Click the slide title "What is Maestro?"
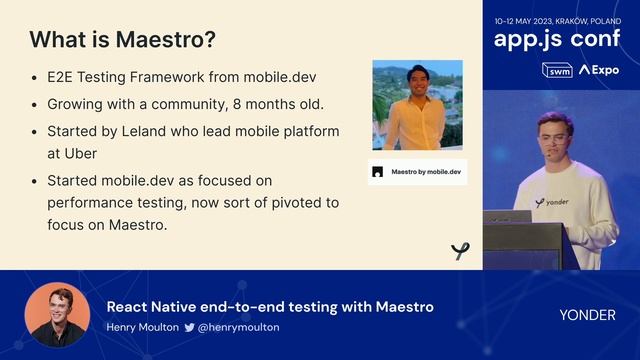point(122,41)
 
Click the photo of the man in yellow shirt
point(417,106)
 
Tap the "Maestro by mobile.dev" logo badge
point(417,172)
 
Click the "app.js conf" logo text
point(556,40)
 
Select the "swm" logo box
point(556,70)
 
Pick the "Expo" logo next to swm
point(599,70)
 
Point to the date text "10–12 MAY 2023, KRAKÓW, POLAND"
point(556,20)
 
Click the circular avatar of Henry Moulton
point(57,314)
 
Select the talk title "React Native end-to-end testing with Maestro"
point(270,306)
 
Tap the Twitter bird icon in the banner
point(189,327)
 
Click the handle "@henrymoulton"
point(239,327)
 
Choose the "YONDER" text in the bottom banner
point(587,314)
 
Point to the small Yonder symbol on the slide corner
point(460,251)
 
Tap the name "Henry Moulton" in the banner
point(142,327)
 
